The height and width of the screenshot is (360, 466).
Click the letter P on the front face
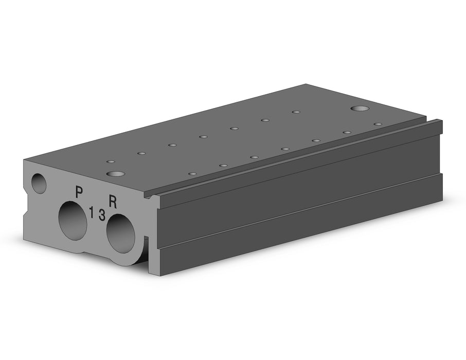click(79, 192)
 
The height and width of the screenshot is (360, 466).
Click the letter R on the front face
click(113, 202)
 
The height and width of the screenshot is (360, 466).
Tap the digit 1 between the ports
click(92, 212)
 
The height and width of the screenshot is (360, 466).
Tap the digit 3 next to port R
click(102, 215)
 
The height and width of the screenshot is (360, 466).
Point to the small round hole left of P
click(39, 184)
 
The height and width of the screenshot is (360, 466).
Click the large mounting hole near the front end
click(116, 174)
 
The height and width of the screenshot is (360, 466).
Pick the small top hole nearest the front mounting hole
click(111, 161)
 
